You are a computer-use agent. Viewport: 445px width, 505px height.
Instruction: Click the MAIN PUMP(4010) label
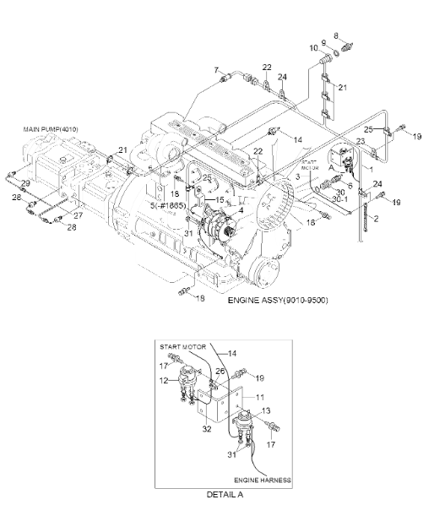[x=51, y=129]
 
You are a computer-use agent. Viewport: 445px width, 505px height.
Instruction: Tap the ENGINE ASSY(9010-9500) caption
[x=278, y=300]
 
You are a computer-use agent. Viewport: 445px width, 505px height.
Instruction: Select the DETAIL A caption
[x=225, y=494]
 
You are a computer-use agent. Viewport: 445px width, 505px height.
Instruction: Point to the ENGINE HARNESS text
[x=263, y=481]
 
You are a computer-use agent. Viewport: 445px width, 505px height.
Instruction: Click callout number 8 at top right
[x=336, y=35]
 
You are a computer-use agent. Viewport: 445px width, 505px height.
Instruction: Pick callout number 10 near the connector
[x=314, y=48]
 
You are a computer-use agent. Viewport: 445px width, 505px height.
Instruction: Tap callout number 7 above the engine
[x=216, y=70]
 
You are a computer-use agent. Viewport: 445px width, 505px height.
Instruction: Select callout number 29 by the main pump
[x=25, y=183]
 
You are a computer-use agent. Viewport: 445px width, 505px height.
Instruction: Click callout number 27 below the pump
[x=79, y=215]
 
